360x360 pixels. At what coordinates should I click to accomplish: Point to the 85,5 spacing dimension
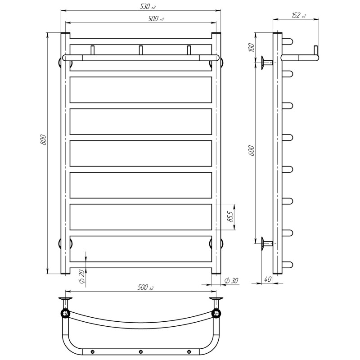click(x=230, y=217)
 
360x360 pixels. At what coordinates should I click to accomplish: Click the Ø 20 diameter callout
click(x=81, y=276)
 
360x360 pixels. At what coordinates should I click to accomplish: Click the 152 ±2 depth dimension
click(x=297, y=15)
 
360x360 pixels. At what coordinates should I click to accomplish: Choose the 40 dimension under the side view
click(x=268, y=279)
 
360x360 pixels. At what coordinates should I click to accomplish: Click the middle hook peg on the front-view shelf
click(x=140, y=50)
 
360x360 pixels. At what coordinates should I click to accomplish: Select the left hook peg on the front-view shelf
click(x=93, y=50)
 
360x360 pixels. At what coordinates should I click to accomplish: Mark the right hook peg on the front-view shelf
click(x=189, y=50)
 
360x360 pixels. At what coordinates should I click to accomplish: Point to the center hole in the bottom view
click(x=140, y=351)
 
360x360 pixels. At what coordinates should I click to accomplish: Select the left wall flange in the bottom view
click(x=66, y=300)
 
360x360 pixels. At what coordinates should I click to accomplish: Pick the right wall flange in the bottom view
click(x=216, y=300)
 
